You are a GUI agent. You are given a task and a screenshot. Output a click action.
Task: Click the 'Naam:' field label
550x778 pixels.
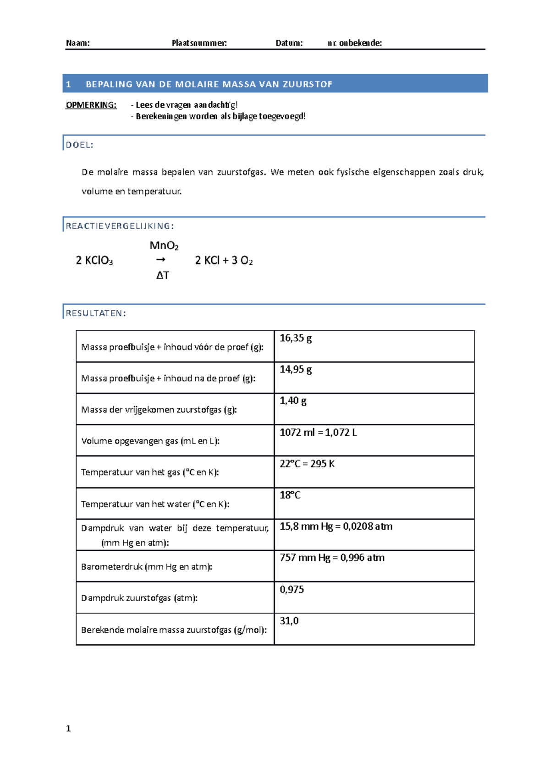pyautogui.click(x=77, y=43)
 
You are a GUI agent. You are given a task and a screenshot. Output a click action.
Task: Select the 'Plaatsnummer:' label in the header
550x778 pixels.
pyautogui.click(x=199, y=43)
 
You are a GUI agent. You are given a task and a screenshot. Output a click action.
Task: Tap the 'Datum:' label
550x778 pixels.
pyautogui.click(x=289, y=43)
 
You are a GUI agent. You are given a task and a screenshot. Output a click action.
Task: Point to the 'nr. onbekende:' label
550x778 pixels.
pyautogui.click(x=354, y=43)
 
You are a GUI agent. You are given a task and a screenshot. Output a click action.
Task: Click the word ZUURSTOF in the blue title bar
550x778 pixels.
pyautogui.click(x=307, y=84)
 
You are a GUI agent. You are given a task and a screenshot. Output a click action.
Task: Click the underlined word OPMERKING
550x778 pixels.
pyautogui.click(x=91, y=105)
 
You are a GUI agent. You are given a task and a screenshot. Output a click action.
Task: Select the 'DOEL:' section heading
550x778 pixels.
pyautogui.click(x=79, y=145)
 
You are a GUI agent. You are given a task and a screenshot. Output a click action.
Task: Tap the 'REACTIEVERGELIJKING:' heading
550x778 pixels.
pyautogui.click(x=120, y=226)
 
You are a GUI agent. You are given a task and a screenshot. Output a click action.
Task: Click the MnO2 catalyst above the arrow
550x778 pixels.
pyautogui.click(x=164, y=246)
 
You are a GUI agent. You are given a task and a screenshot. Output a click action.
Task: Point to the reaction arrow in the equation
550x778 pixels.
pyautogui.click(x=160, y=260)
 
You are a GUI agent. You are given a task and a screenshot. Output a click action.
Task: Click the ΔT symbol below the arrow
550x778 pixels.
pyautogui.click(x=163, y=275)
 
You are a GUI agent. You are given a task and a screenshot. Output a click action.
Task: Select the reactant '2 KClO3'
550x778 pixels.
pyautogui.click(x=94, y=261)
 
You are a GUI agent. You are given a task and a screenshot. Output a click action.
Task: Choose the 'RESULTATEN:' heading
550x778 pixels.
pyautogui.click(x=96, y=313)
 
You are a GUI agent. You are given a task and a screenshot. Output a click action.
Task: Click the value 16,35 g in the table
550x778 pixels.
pyautogui.click(x=296, y=338)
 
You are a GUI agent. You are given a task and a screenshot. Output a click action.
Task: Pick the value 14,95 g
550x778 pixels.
pyautogui.click(x=296, y=369)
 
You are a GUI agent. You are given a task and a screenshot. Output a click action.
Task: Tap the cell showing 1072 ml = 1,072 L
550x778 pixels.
pyautogui.click(x=318, y=433)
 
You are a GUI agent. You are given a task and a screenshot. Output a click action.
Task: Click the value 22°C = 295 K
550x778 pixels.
pyautogui.click(x=307, y=464)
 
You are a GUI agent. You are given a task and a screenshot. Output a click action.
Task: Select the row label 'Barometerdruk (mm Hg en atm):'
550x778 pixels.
pyautogui.click(x=146, y=567)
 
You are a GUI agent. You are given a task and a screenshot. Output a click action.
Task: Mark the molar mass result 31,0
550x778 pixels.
pyautogui.click(x=289, y=621)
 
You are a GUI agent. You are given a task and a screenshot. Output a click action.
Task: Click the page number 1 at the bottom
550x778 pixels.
pyautogui.click(x=68, y=729)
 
